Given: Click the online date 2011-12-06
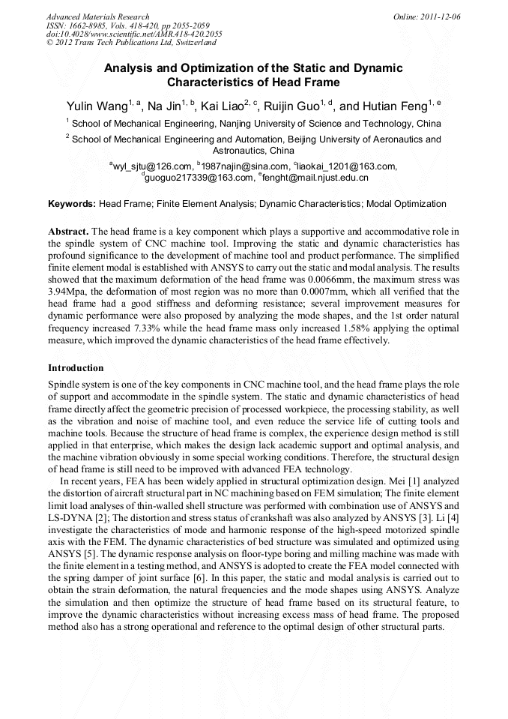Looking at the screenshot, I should pyautogui.click(x=443, y=16).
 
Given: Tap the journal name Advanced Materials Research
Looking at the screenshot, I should pyautogui.click(x=98, y=16).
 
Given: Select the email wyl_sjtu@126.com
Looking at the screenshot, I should pyautogui.click(x=153, y=166).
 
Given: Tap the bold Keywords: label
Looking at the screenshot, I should pyautogui.click(x=72, y=204).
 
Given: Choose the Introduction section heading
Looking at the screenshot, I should pyautogui.click(x=76, y=368).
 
